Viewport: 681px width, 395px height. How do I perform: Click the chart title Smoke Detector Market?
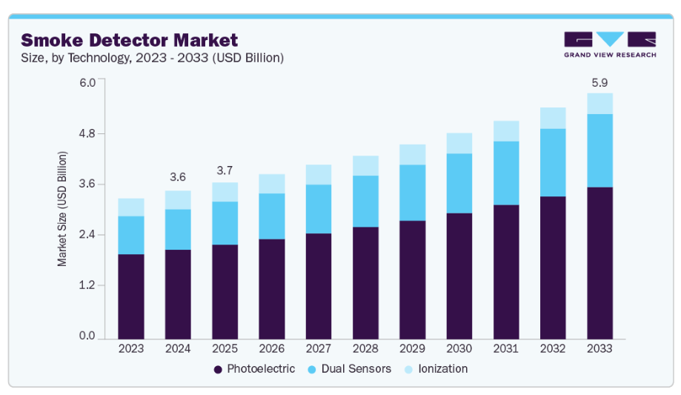(x=130, y=40)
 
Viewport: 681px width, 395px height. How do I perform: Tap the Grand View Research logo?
(x=609, y=44)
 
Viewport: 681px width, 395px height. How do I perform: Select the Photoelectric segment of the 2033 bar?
(x=599, y=263)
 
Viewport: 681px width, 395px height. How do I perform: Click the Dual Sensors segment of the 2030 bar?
(x=459, y=183)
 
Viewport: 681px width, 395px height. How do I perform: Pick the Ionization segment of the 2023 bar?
(x=131, y=208)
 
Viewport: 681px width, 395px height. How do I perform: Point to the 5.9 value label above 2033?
(x=599, y=81)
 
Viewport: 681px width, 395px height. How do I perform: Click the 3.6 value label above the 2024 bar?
(x=178, y=177)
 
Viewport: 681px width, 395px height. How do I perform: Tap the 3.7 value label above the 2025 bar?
(x=225, y=170)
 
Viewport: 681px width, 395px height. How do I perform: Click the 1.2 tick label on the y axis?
(x=88, y=285)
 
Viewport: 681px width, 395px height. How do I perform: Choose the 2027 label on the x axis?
(x=319, y=348)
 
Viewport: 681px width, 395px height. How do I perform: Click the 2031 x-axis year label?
(x=506, y=348)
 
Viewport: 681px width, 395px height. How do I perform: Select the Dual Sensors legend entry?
(x=353, y=368)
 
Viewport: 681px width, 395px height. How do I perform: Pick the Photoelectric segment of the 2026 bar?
(x=271, y=289)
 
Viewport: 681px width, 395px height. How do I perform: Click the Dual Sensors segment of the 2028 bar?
(x=365, y=201)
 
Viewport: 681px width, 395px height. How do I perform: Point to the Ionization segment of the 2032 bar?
(x=553, y=118)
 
